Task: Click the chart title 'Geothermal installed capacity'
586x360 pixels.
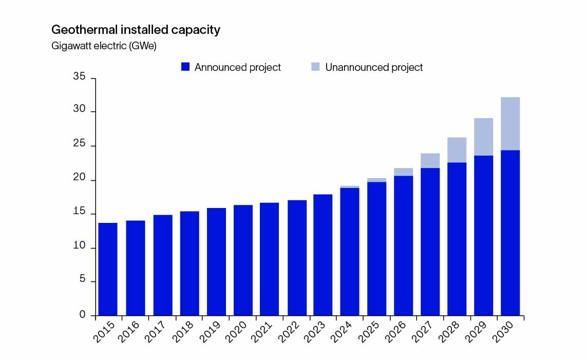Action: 136,30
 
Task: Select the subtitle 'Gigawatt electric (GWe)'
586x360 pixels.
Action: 104,46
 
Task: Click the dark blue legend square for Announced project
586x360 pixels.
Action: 185,67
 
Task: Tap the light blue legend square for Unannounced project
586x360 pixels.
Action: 315,67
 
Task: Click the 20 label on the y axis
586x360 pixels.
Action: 79,180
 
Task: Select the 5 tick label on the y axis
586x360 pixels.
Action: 82,281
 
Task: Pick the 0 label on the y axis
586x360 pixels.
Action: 82,315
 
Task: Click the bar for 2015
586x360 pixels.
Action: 107,269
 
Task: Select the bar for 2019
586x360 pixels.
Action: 216,262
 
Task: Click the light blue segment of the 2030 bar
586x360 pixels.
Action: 510,123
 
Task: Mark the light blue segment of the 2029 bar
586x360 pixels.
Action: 483,137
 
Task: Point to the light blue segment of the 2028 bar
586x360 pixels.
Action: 457,149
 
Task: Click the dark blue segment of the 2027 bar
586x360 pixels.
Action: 430,241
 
